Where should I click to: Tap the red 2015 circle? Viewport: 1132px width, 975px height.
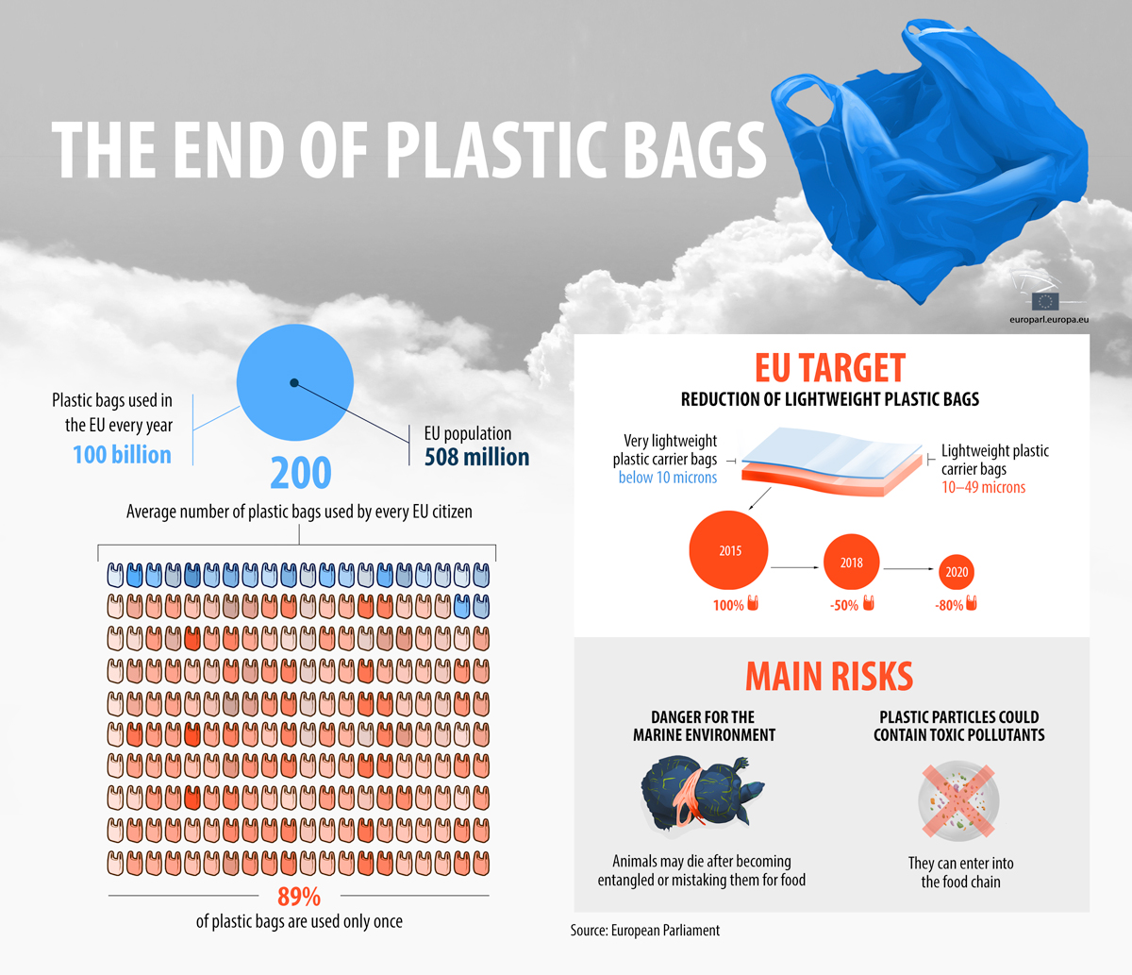(729, 550)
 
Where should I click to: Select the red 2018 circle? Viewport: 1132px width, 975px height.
(852, 563)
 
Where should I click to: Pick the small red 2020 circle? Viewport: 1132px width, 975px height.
(957, 572)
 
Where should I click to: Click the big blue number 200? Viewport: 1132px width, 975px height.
(301, 473)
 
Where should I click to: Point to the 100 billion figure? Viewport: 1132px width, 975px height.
(122, 455)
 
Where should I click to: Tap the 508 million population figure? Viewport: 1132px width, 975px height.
(477, 457)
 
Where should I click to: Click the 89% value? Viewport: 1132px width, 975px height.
(299, 897)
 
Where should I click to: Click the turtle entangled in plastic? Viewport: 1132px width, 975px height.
(702, 793)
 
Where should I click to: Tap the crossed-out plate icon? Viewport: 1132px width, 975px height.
(958, 801)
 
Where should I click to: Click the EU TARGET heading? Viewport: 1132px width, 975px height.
(830, 368)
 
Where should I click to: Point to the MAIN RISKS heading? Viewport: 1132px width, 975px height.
(830, 676)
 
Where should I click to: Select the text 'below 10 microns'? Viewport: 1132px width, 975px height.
(668, 478)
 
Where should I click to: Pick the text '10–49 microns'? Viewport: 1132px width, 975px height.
(984, 487)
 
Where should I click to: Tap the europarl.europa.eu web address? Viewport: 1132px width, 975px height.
(1049, 320)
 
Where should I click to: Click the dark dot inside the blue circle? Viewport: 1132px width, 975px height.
(294, 382)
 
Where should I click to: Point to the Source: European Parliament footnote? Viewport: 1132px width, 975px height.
(645, 930)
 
